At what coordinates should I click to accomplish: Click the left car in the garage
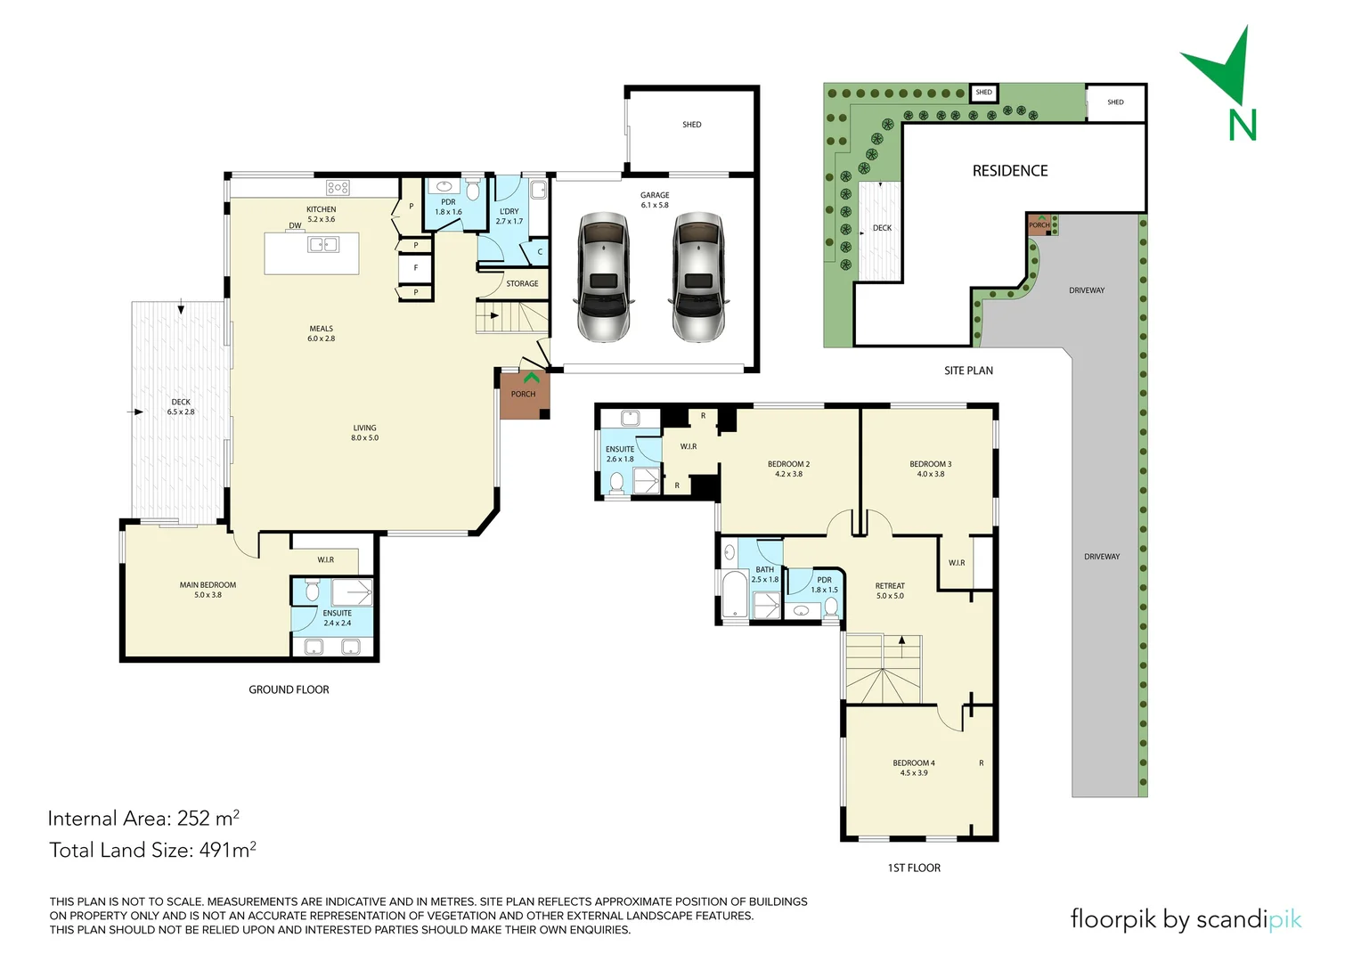[605, 277]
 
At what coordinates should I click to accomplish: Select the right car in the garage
[699, 277]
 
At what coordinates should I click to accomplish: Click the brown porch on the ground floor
[524, 395]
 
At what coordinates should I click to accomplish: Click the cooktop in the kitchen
[338, 187]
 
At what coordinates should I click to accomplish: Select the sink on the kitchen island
[322, 245]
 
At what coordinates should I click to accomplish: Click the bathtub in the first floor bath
[735, 594]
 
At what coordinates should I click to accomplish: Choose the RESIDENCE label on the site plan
[1009, 171]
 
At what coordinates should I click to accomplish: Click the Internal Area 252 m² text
[143, 818]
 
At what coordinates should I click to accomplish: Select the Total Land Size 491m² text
[152, 850]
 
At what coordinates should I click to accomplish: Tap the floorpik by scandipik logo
[1185, 919]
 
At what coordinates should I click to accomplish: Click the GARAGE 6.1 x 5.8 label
[655, 200]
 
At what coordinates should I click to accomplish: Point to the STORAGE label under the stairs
[522, 283]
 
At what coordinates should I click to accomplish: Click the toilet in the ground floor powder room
[473, 191]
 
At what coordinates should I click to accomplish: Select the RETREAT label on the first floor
[889, 591]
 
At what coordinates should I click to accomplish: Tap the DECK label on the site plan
[882, 228]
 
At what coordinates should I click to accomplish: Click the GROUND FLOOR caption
[289, 689]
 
